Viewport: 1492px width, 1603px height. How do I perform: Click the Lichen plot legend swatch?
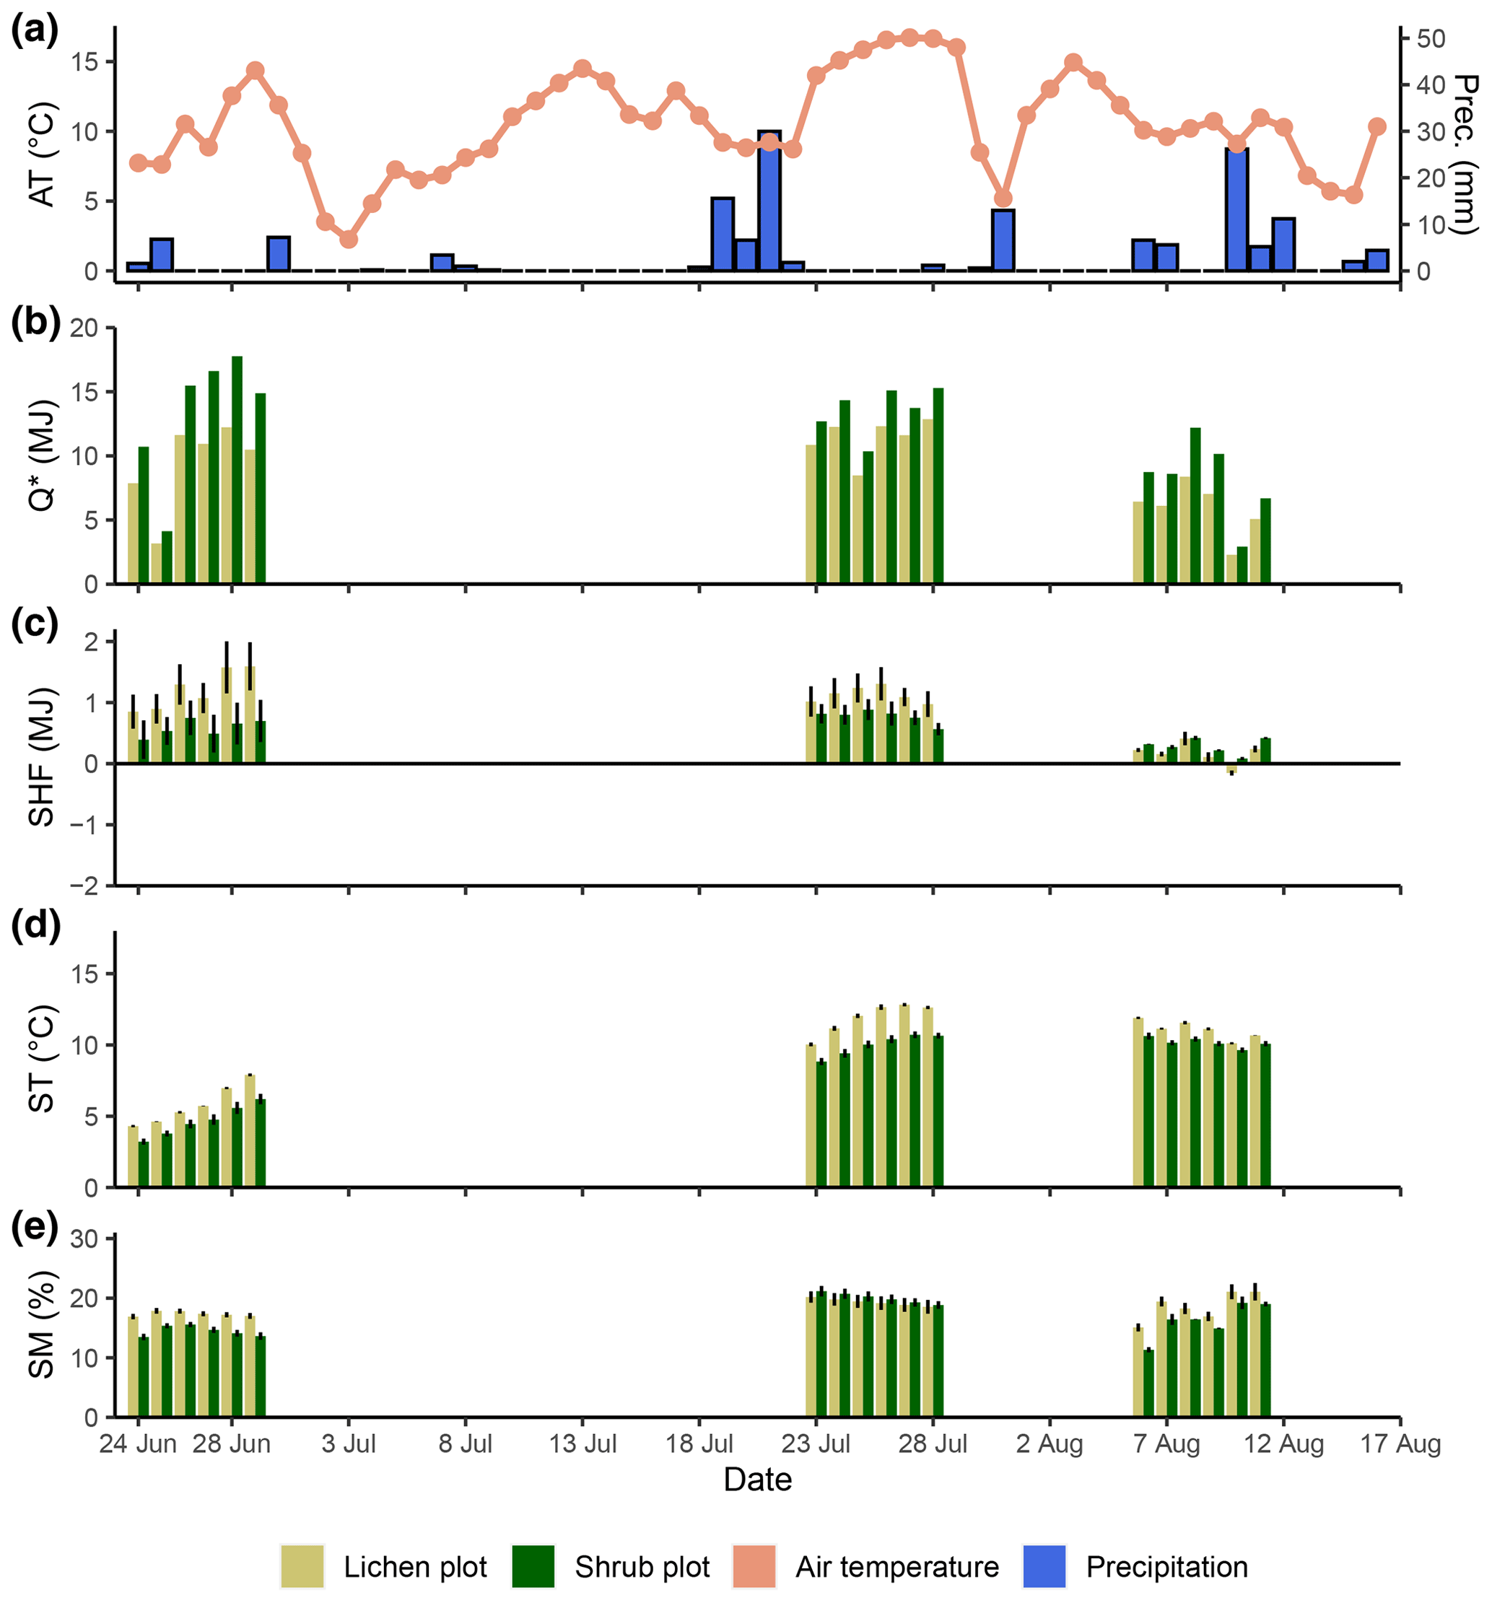pyautogui.click(x=302, y=1566)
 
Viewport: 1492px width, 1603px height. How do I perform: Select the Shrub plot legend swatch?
pyautogui.click(x=533, y=1566)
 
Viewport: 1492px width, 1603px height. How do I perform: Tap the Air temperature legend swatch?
pyautogui.click(x=754, y=1566)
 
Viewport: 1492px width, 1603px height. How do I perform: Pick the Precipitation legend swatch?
pyautogui.click(x=1044, y=1566)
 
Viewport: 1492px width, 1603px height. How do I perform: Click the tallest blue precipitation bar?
pyautogui.click(x=769, y=201)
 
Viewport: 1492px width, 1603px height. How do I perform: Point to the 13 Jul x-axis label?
pyautogui.click(x=583, y=1443)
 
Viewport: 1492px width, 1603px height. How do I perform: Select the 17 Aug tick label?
pyautogui.click(x=1400, y=1443)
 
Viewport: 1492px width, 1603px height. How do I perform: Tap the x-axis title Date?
pyautogui.click(x=757, y=1480)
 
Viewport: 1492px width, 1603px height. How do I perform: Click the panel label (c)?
pyautogui.click(x=35, y=624)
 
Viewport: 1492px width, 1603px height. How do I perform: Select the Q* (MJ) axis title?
pyautogui.click(x=41, y=455)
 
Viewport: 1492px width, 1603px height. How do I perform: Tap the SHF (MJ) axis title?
pyautogui.click(x=41, y=757)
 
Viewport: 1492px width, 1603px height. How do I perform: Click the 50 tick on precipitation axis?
pyautogui.click(x=1431, y=39)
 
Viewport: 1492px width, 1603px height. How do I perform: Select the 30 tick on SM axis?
pyautogui.click(x=84, y=1239)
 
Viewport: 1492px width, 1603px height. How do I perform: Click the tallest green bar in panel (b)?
pyautogui.click(x=237, y=469)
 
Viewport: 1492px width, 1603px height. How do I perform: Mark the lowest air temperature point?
pyautogui.click(x=349, y=240)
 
